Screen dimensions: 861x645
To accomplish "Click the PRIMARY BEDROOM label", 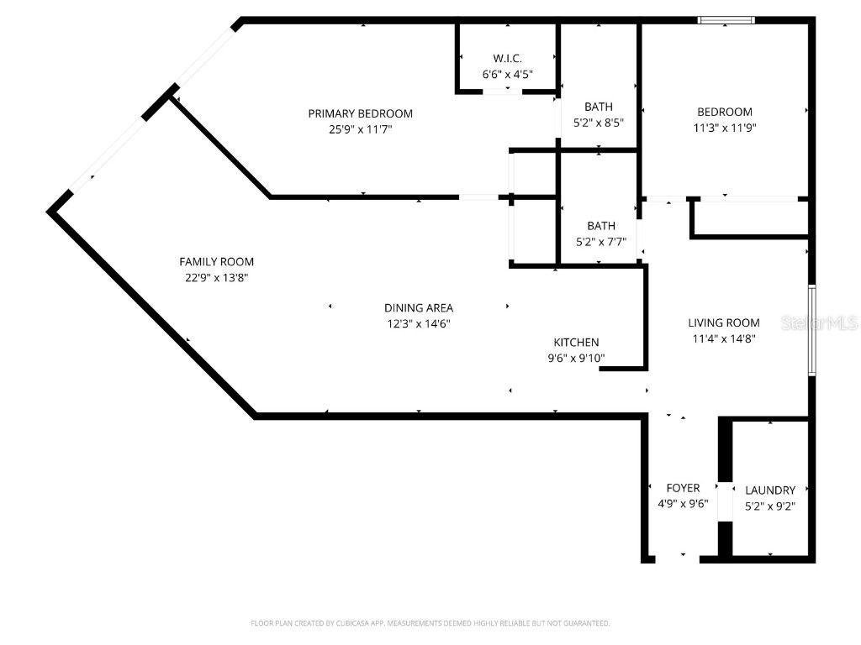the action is [360, 113].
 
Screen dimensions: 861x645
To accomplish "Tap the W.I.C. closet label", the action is [507, 58].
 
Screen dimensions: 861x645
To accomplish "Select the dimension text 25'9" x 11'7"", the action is [360, 129].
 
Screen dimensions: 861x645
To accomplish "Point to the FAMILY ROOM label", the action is [216, 262].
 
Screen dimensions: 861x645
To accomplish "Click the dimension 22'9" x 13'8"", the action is [216, 277].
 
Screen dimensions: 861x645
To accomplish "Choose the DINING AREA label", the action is [419, 307].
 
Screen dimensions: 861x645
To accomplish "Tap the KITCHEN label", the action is [576, 343].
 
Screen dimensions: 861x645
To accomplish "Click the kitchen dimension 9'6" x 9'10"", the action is [576, 358].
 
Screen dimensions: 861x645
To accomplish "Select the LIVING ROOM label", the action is [724, 322].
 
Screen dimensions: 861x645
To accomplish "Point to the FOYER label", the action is [683, 488].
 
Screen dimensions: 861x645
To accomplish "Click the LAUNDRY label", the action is [770, 490].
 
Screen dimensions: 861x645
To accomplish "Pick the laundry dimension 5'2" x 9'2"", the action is [770, 506].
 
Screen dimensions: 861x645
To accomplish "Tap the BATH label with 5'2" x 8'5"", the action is [599, 107].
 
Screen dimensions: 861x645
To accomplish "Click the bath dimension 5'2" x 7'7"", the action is [601, 241].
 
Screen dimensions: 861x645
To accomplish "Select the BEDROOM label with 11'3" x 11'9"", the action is [725, 112].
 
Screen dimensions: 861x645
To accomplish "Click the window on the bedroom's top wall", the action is [726, 20].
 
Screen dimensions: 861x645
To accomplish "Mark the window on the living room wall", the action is [812, 330].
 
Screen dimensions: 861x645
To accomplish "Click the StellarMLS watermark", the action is [819, 322].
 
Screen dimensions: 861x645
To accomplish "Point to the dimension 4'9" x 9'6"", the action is [683, 504].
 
